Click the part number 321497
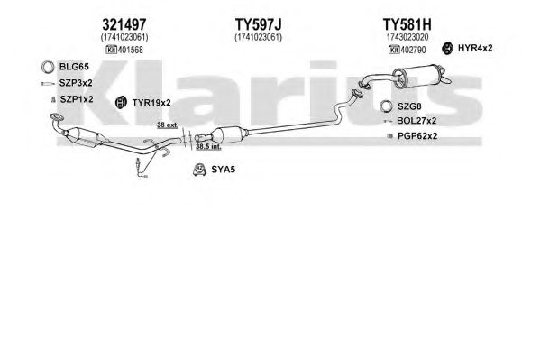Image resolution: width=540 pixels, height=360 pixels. click(x=124, y=24)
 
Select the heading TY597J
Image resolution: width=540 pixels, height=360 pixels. click(x=259, y=24)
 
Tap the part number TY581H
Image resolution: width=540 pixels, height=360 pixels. click(x=407, y=24)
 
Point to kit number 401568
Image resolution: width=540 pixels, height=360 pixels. click(x=131, y=50)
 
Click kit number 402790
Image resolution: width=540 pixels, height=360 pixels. click(x=413, y=50)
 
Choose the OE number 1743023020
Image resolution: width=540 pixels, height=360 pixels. click(x=407, y=37)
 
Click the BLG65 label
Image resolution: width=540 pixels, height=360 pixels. click(x=74, y=67)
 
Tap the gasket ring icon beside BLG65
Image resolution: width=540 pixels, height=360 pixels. click(x=48, y=67)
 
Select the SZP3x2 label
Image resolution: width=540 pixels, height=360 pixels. click(x=76, y=83)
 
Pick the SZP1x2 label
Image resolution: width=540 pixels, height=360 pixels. click(x=77, y=99)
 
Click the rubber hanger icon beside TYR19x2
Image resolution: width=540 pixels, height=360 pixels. click(x=120, y=102)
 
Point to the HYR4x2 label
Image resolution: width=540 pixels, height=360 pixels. click(x=475, y=49)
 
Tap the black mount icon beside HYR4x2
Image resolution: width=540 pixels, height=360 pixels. click(x=447, y=49)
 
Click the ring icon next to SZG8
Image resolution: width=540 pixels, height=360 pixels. click(x=386, y=106)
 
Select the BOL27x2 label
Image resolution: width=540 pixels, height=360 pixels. click(x=416, y=121)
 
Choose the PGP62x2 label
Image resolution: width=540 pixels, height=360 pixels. click(x=417, y=136)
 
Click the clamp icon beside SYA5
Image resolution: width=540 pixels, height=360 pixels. click(x=199, y=170)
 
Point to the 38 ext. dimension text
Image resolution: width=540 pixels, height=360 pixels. click(x=168, y=125)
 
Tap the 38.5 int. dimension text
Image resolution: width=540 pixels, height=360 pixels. click(x=208, y=146)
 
